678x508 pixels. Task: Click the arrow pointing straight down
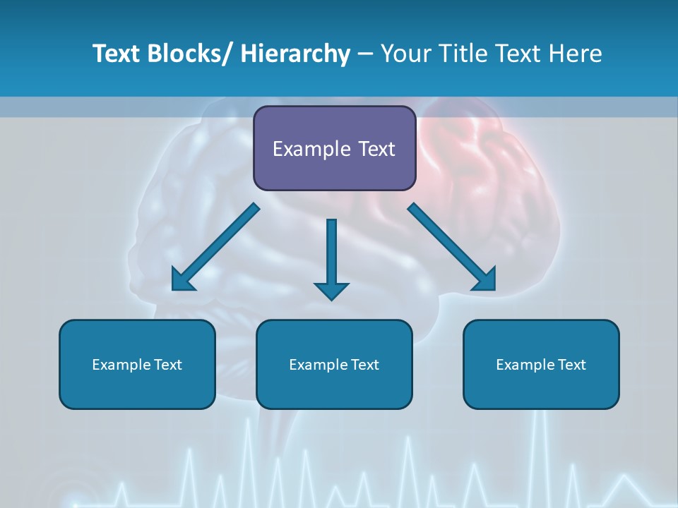(x=332, y=258)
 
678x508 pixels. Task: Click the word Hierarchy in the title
(x=295, y=54)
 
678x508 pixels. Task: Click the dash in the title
(x=365, y=54)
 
